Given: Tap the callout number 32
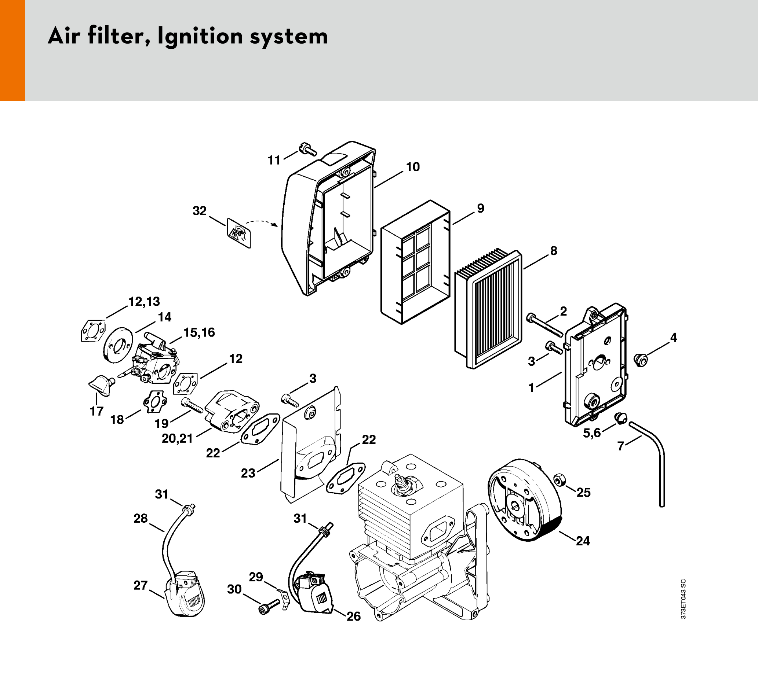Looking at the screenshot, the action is coord(200,211).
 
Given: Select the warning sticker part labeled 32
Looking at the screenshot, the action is coord(239,233).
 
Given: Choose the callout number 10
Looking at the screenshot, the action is coord(413,167).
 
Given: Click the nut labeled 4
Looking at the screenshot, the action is coord(641,360).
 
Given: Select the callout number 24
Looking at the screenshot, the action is coord(583,541).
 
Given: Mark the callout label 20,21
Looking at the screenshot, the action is coord(177,438).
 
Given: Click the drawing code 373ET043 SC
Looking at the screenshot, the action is coord(684,599).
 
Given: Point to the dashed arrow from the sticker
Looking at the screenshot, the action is coord(262,222).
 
